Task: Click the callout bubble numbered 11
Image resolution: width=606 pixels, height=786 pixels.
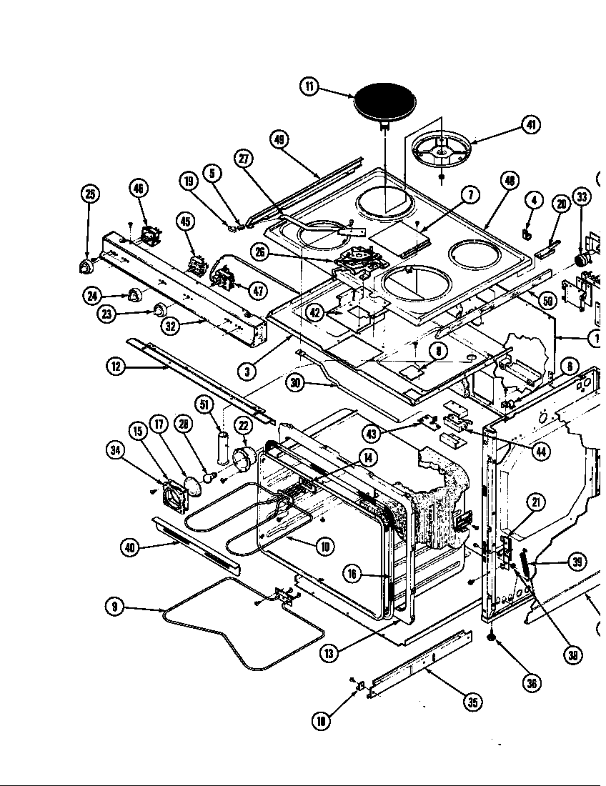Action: [x=309, y=87]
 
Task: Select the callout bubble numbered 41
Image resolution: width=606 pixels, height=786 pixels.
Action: [x=530, y=125]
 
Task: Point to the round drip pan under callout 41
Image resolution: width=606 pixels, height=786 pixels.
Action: [x=441, y=151]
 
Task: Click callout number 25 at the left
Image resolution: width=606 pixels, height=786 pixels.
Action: [x=90, y=194]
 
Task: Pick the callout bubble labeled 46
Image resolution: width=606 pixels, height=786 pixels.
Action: [x=139, y=189]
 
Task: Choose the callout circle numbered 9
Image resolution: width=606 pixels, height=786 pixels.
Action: [x=114, y=607]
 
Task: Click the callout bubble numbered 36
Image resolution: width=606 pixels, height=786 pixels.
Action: [x=532, y=683]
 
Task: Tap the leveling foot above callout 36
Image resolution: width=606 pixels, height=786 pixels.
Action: [x=492, y=635]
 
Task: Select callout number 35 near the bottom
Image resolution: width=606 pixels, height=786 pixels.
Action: [x=472, y=702]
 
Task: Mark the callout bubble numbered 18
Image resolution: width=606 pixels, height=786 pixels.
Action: [x=322, y=721]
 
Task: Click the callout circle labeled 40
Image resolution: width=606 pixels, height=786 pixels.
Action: [x=129, y=547]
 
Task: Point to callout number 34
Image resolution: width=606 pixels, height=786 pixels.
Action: [x=115, y=449]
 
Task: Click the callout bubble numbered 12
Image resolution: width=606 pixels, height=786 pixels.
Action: [x=116, y=367]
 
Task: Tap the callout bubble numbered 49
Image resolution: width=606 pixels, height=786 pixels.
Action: [x=279, y=139]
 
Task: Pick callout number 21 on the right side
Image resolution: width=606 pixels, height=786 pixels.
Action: [x=536, y=502]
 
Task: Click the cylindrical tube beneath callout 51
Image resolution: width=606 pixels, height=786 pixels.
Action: [x=222, y=447]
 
